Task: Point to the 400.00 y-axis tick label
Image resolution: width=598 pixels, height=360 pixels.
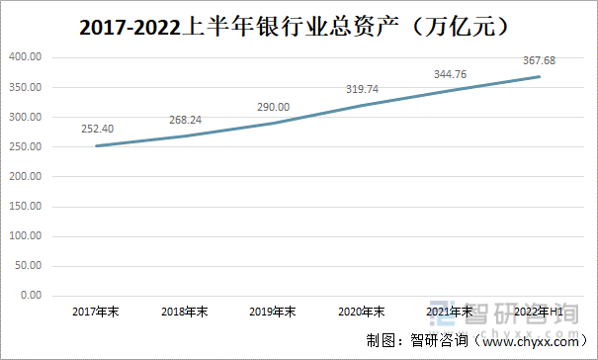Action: pyautogui.click(x=25, y=57)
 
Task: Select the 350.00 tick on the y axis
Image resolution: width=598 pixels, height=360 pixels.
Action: pyautogui.click(x=25, y=87)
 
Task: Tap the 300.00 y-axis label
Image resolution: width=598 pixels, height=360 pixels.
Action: pyautogui.click(x=25, y=117)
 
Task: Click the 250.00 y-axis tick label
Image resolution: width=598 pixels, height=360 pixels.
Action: pyautogui.click(x=25, y=146)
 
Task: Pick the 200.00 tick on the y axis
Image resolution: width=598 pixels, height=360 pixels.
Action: pyautogui.click(x=25, y=176)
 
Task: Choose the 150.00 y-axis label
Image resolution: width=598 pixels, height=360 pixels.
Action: pyautogui.click(x=25, y=206)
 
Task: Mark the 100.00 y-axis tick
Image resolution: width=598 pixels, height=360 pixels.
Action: pyautogui.click(x=25, y=235)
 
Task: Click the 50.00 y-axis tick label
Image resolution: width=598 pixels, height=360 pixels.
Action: pyautogui.click(x=28, y=265)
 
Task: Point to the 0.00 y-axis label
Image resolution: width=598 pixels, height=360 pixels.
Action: pyautogui.click(x=31, y=295)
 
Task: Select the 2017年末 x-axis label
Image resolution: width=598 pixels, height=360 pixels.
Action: pyautogui.click(x=96, y=312)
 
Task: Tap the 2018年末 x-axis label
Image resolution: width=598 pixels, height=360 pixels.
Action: pyautogui.click(x=185, y=312)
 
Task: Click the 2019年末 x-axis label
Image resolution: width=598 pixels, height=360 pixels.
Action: pyautogui.click(x=274, y=312)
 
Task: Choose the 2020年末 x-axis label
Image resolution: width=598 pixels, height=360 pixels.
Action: pyautogui.click(x=363, y=312)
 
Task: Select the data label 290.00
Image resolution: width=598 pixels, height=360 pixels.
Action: pyautogui.click(x=274, y=106)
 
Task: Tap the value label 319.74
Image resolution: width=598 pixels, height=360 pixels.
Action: pyautogui.click(x=363, y=88)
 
